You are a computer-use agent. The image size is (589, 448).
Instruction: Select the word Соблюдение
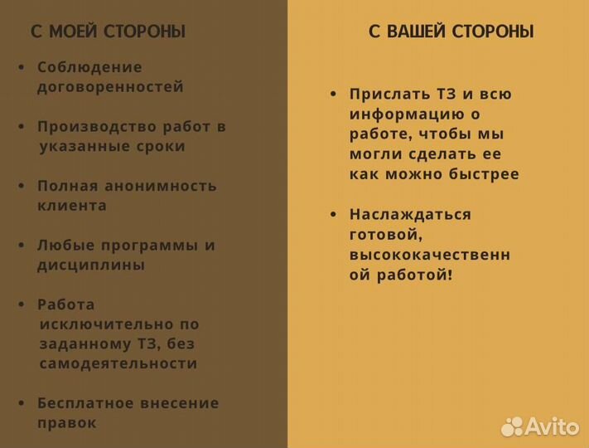coord(89,67)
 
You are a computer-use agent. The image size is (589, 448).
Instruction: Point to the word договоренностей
coord(110,87)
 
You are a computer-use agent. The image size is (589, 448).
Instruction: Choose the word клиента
coord(72,206)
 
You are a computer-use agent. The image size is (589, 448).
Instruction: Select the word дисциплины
coord(91,265)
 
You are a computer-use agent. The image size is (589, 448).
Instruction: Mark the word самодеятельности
coord(118,363)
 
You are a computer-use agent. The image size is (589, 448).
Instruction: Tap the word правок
coord(67,423)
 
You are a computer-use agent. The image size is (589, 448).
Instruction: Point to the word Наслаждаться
coord(410,215)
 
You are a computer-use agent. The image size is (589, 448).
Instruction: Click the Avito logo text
coord(553,426)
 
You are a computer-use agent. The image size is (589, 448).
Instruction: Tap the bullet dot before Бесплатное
coord(21,403)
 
